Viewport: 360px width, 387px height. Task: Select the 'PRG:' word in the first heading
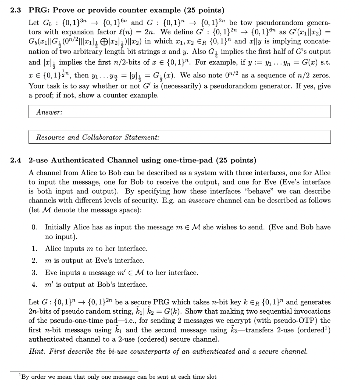(39, 10)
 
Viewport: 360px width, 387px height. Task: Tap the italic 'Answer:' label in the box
(49, 112)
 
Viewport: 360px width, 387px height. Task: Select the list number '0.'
(35, 227)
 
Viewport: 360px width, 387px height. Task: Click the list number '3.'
(35, 272)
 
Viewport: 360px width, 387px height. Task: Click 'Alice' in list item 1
(54, 249)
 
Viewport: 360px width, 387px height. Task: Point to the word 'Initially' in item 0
(58, 227)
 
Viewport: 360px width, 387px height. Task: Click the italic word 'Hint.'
(37, 351)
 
